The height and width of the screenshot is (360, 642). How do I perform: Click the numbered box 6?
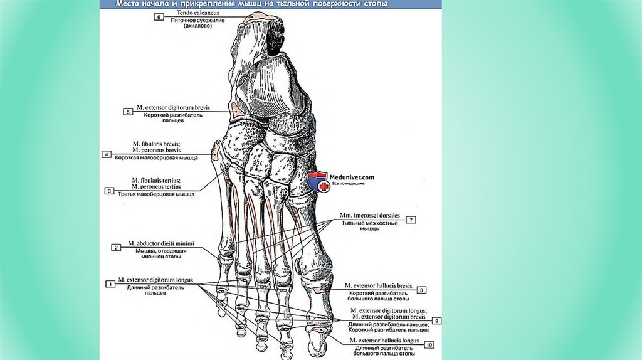pyautogui.click(x=160, y=17)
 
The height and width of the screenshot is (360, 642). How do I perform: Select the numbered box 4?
pyautogui.click(x=107, y=154)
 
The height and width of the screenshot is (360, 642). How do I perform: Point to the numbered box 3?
pyautogui.click(x=109, y=191)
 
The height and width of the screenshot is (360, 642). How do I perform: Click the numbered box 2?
pyautogui.click(x=116, y=247)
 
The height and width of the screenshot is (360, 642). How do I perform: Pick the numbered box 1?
pyautogui.click(x=110, y=283)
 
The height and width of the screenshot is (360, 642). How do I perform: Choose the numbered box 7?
pyautogui.click(x=411, y=220)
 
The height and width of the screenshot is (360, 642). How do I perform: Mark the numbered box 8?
pyautogui.click(x=422, y=290)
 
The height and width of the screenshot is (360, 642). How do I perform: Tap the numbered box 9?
pyautogui.click(x=436, y=320)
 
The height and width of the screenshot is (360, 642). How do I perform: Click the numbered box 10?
pyautogui.click(x=429, y=344)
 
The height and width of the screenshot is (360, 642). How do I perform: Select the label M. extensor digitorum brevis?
pyautogui.click(x=180, y=109)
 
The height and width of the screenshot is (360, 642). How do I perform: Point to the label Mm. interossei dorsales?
pyautogui.click(x=369, y=216)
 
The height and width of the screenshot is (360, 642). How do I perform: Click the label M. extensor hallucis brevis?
pyautogui.click(x=381, y=286)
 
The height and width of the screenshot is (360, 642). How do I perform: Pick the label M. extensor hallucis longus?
pyautogui.click(x=381, y=341)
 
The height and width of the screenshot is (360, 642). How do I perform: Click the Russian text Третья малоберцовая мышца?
pyautogui.click(x=155, y=194)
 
